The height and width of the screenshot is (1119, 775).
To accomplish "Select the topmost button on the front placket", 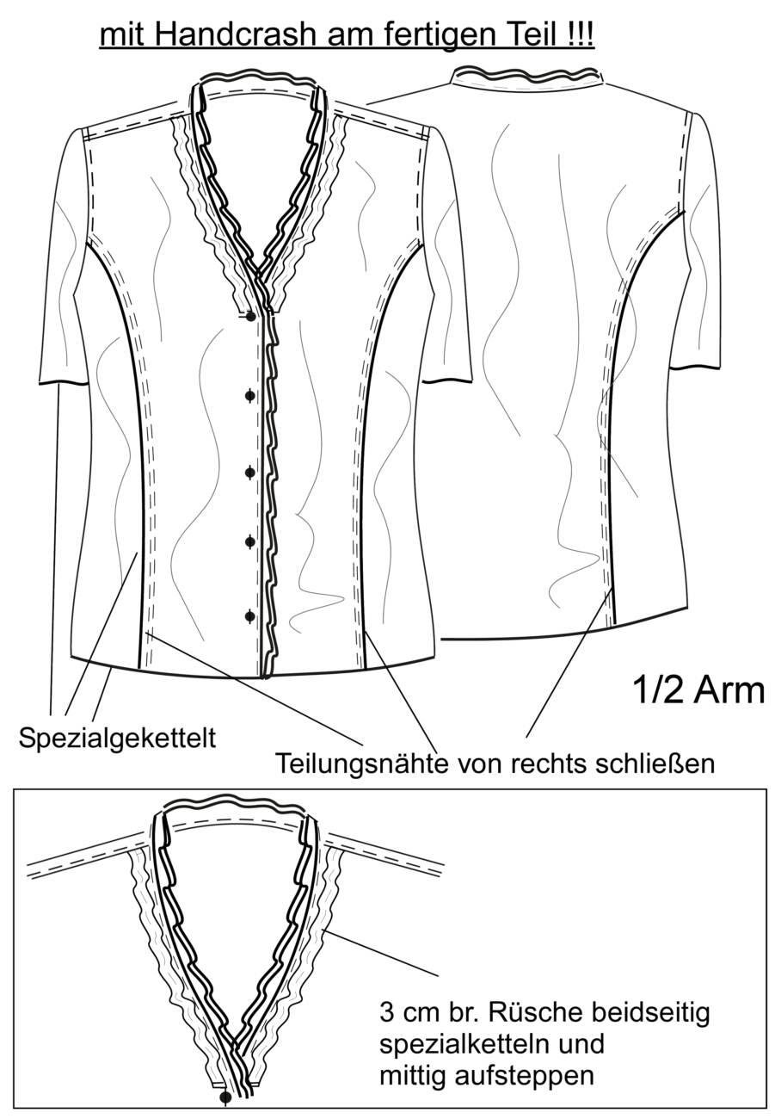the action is pos(250,317).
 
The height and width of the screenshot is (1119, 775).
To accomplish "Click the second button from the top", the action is pos(250,396).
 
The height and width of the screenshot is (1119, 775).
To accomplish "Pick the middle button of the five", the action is pos(250,472).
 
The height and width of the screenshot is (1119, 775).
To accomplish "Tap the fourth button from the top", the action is pos(250,541).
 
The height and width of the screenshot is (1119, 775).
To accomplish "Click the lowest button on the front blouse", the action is pos(250,616).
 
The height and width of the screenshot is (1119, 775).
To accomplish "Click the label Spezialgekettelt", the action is pos(117,739).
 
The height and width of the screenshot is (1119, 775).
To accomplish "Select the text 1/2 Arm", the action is pos(699,690).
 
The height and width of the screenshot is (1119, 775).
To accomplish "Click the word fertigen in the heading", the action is pos(417,36).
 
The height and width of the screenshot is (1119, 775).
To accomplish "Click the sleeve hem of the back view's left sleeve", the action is pos(447,381).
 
